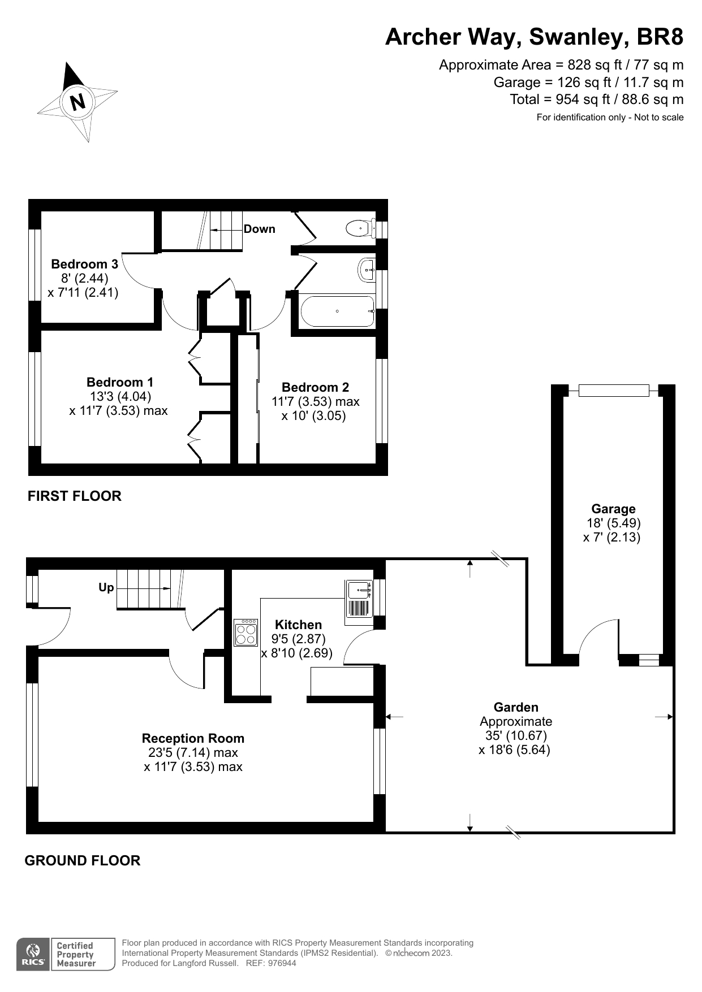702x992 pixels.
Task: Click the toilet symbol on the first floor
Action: pos(358,229)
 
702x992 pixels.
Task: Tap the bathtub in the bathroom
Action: pos(337,311)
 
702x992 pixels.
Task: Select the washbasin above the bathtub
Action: pos(367,270)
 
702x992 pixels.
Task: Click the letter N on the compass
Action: pos(77,102)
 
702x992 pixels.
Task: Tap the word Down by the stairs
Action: pos(259,229)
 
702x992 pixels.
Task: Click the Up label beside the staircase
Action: pos(106,587)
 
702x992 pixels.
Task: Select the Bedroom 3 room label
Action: pos(84,264)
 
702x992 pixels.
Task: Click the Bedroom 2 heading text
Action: pos(315,387)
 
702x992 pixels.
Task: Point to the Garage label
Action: pos(613,509)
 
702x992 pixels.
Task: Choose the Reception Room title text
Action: pos(193,738)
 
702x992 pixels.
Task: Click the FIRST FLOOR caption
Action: pos(75,496)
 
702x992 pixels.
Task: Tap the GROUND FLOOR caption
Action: pos(83,860)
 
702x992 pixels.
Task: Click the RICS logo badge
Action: pos(32,955)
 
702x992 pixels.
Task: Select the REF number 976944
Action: pos(282,963)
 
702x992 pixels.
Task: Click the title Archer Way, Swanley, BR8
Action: pos(534,37)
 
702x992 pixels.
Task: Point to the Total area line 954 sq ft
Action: pos(596,99)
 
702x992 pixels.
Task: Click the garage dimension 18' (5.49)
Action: pos(613,523)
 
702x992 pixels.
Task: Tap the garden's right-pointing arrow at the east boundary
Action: pos(665,717)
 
